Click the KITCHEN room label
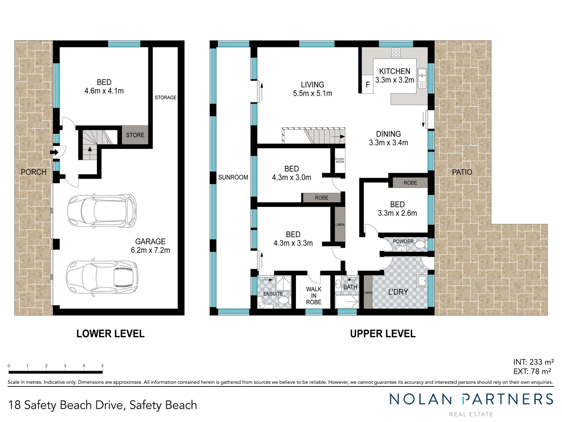[x=395, y=72]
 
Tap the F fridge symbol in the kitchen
[x=368, y=85]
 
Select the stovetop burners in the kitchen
[x=396, y=52]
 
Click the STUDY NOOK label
[x=340, y=161]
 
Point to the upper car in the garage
[x=102, y=211]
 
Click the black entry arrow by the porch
[x=54, y=152]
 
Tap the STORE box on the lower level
[x=135, y=135]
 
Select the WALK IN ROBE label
[x=314, y=295]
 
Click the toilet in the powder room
[x=420, y=245]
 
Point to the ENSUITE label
[x=273, y=294]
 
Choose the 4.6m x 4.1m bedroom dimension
[x=104, y=91]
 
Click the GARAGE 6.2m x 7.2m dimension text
[x=150, y=250]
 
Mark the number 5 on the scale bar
[x=103, y=366]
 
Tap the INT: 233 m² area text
[x=533, y=362]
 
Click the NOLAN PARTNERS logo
[x=471, y=399]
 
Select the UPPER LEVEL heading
[x=382, y=334]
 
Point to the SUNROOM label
[x=233, y=177]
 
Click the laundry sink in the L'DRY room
[x=422, y=281]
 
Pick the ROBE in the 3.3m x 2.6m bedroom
[x=410, y=183]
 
